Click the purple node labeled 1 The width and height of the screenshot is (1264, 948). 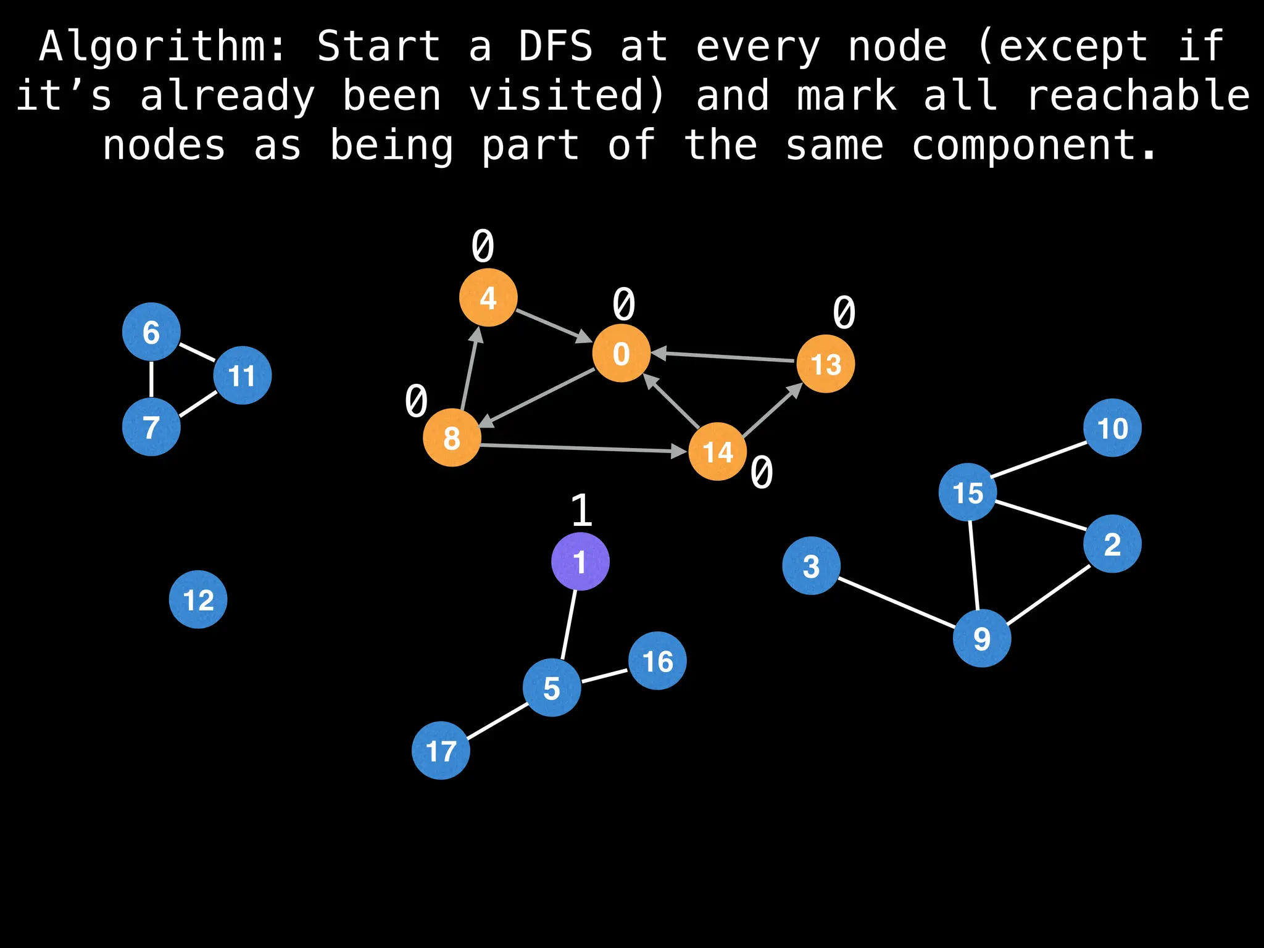coord(580,562)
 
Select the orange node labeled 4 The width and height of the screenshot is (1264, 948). coord(488,298)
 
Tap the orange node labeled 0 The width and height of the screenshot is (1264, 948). coord(622,353)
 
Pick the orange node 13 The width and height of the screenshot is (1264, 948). coord(826,364)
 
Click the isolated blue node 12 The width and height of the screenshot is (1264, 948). coord(198,599)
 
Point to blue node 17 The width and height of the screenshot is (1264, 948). coord(441,750)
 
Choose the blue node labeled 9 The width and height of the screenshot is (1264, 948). coord(982,638)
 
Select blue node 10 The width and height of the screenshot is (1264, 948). coord(1112,428)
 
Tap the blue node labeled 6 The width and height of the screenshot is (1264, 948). coord(151,332)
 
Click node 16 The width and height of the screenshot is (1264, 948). coord(657,661)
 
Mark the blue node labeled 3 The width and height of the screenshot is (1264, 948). coord(811,565)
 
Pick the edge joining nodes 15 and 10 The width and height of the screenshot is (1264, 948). coord(1039,459)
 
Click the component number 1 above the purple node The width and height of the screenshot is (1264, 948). coord(581,510)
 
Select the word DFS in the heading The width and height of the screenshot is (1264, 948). coord(555,47)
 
